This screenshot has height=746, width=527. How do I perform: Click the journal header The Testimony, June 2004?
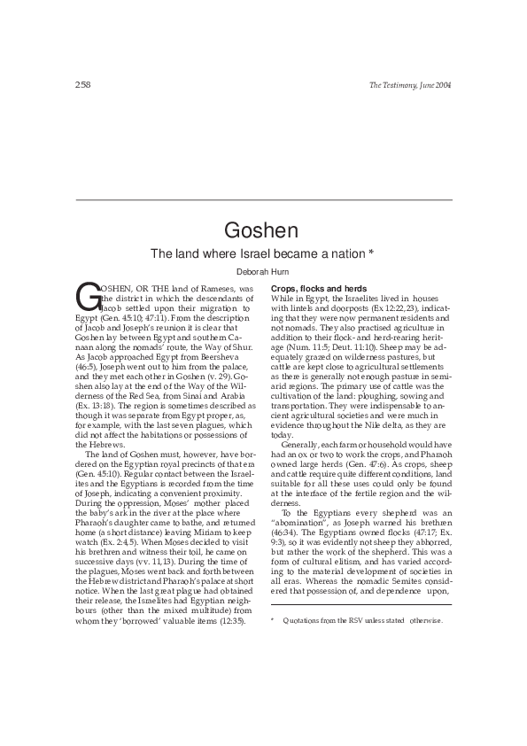pyautogui.click(x=410, y=84)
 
